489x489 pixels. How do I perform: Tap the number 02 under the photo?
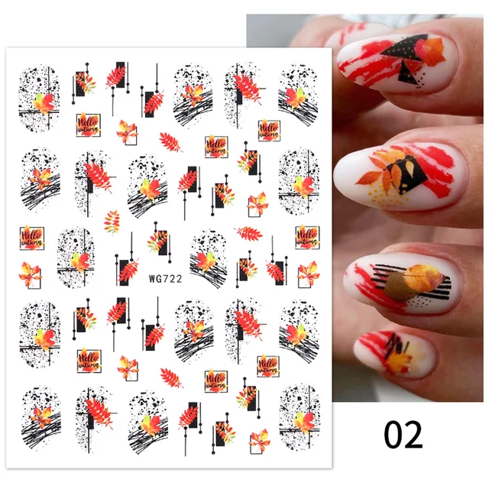click(x=403, y=434)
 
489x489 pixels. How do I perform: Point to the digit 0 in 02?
click(x=393, y=434)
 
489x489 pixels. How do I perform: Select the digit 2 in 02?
click(x=413, y=434)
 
